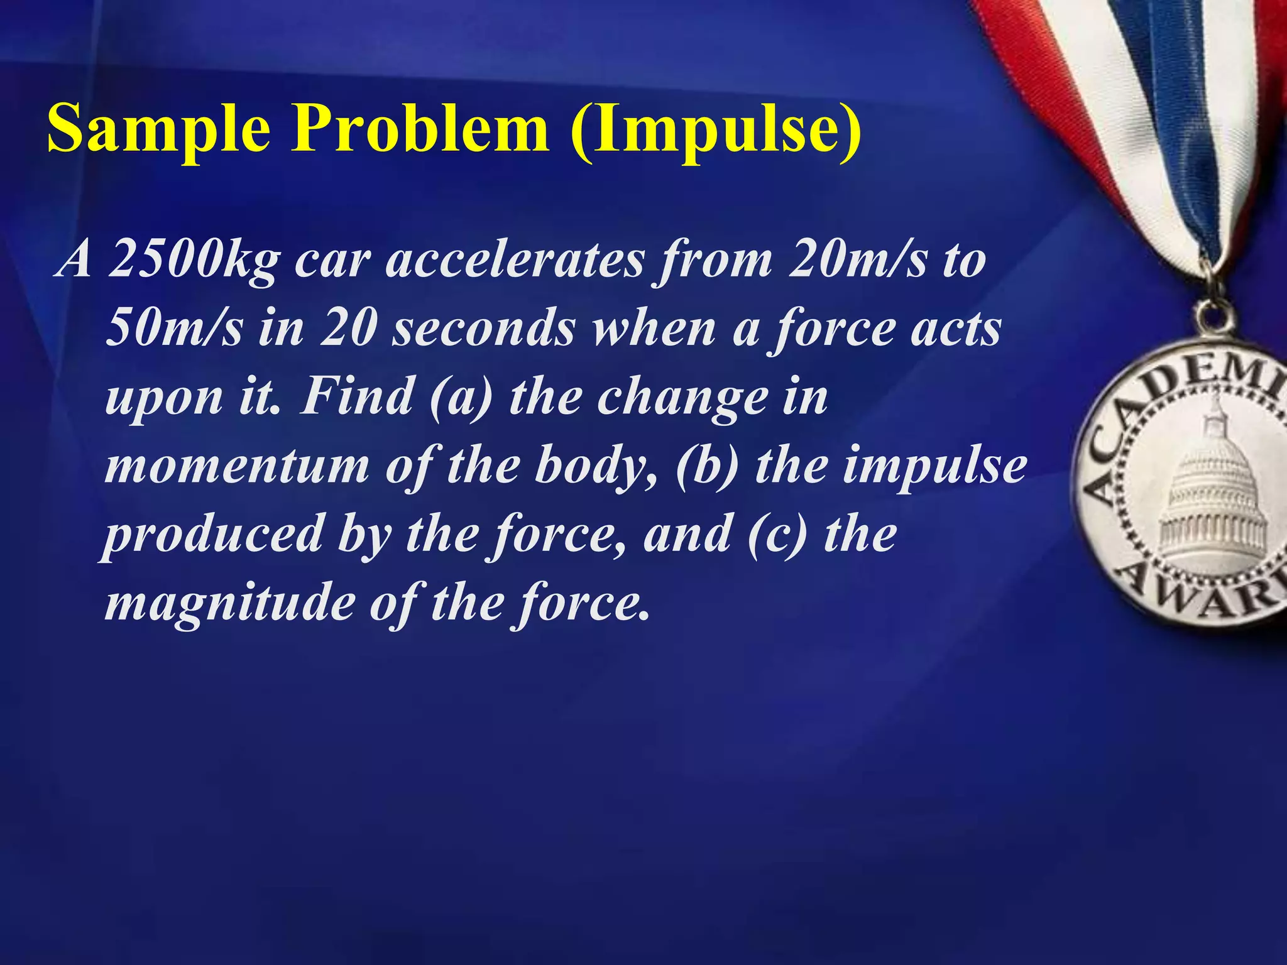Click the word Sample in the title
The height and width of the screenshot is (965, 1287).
(x=159, y=129)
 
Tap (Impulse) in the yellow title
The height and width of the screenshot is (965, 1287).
(x=716, y=129)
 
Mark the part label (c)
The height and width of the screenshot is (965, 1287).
(x=777, y=534)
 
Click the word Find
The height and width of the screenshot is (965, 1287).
(x=356, y=396)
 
